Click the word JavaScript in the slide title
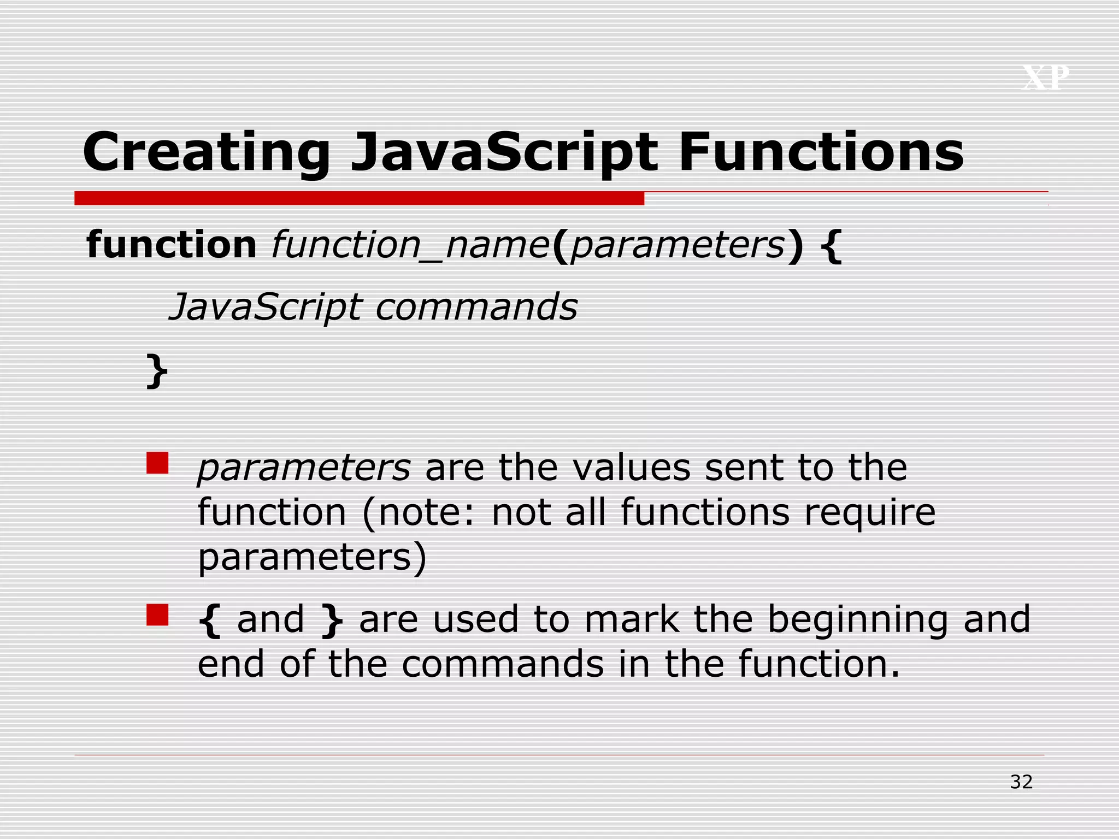click(x=504, y=153)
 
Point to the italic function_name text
click(x=410, y=245)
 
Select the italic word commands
click(x=476, y=307)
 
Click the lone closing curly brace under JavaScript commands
click(x=157, y=371)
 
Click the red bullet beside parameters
click(x=157, y=463)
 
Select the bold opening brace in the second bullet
click(x=210, y=620)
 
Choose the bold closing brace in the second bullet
click(x=332, y=620)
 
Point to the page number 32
click(x=1021, y=782)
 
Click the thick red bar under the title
click(x=359, y=198)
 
